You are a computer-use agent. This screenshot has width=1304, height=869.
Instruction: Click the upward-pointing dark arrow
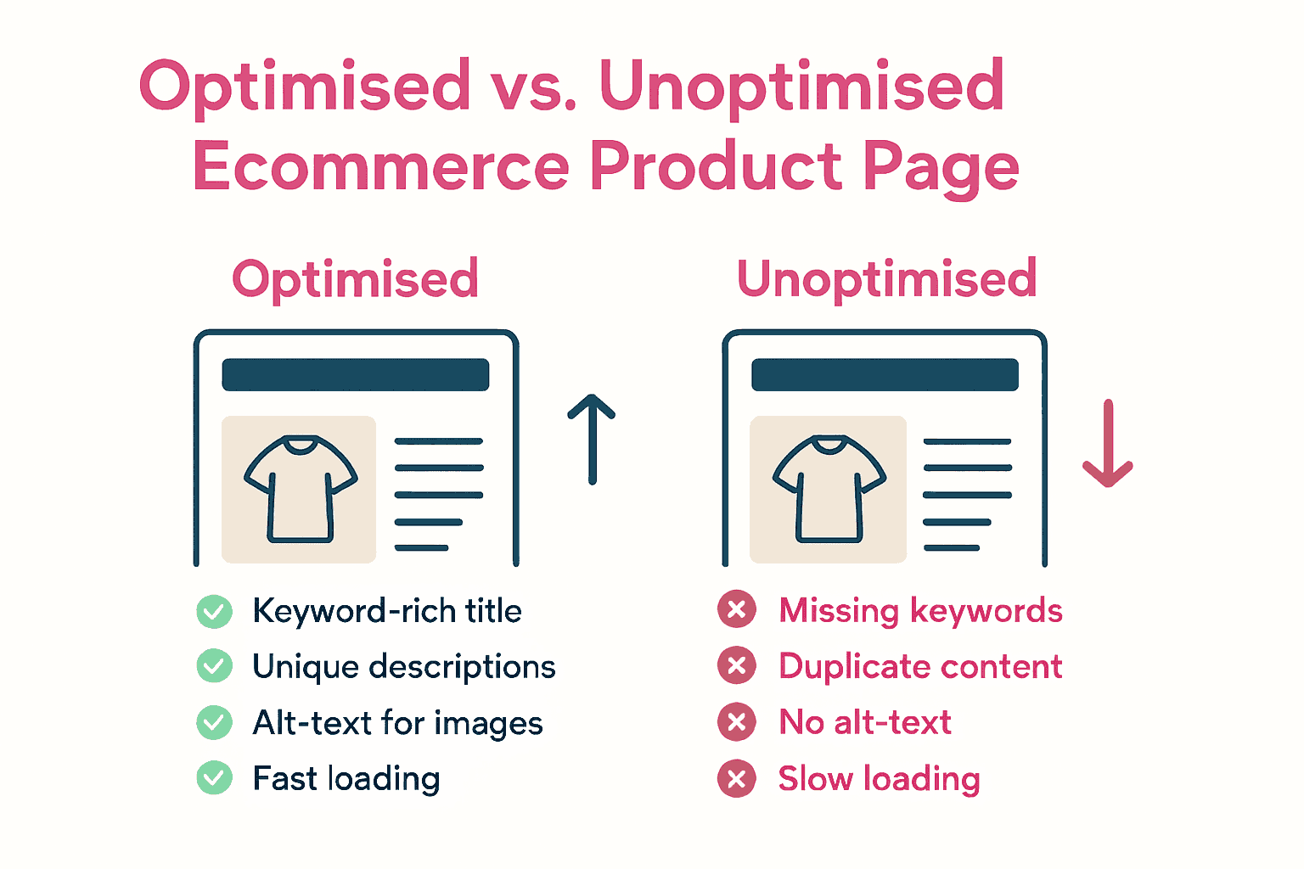coord(592,440)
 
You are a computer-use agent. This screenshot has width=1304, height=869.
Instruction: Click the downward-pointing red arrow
coord(1108,444)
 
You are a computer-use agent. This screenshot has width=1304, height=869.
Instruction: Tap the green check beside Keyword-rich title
coord(214,611)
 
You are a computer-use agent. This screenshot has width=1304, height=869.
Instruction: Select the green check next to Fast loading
coord(214,778)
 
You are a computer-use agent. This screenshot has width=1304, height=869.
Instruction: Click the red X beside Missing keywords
coord(737,609)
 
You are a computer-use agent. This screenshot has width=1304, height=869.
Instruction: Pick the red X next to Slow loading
coord(737,778)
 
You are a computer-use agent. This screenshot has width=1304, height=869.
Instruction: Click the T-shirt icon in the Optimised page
coord(300,489)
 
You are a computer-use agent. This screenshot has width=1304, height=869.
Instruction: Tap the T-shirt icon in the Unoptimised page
coord(829,489)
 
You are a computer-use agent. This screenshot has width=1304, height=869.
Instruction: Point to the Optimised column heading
coord(355,278)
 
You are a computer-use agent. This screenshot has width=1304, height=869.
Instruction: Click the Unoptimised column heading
coord(886,278)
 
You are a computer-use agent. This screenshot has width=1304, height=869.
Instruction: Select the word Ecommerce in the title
coord(381,166)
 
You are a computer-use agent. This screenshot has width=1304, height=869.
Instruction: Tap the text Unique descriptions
coord(404,667)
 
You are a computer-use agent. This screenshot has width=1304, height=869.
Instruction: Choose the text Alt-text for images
coord(397,723)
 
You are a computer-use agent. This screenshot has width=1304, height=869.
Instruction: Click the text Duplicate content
coord(920,667)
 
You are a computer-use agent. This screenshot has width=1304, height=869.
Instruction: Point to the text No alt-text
coord(865,722)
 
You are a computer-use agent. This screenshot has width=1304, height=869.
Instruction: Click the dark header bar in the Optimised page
coord(355,374)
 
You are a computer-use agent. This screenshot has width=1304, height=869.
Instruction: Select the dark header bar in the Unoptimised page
coord(885,374)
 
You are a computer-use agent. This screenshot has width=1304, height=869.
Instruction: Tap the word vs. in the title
coord(535,87)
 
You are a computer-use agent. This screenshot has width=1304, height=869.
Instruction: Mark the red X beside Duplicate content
coord(737,666)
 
